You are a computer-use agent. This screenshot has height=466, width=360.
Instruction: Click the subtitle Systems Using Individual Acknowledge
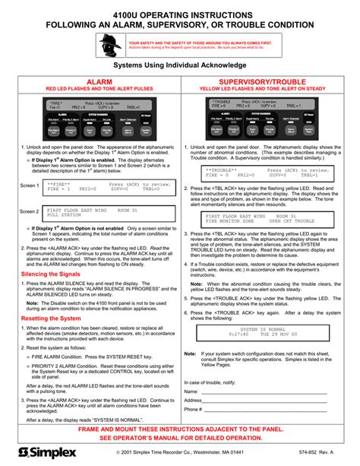click(x=180, y=66)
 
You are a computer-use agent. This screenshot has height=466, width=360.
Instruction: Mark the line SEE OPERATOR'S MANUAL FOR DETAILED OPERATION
click(x=180, y=439)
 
